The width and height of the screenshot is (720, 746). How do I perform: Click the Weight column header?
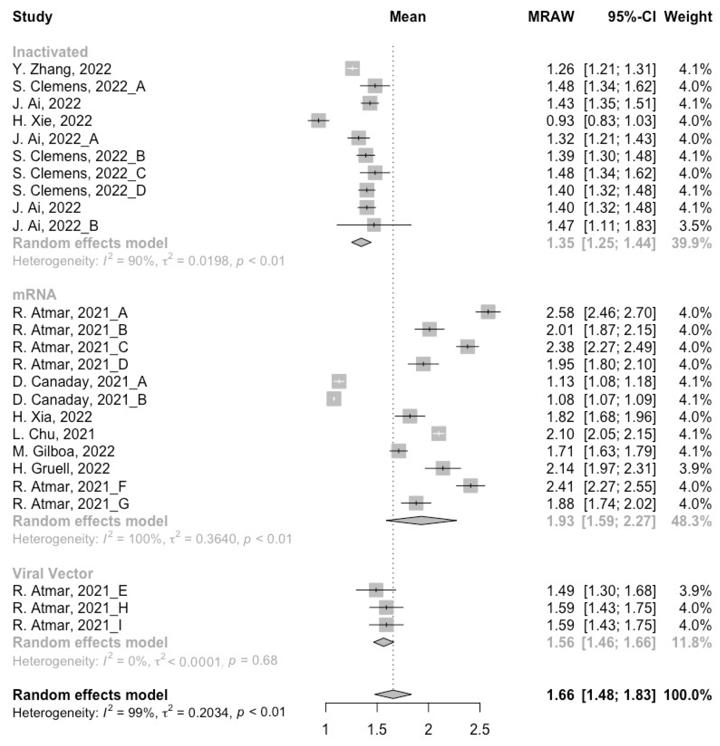point(688,17)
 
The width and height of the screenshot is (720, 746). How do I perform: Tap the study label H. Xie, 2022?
point(52,121)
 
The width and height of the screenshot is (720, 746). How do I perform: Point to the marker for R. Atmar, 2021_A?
point(488,312)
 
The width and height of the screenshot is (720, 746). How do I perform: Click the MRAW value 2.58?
point(560,313)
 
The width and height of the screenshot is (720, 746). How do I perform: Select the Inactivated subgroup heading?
point(50,52)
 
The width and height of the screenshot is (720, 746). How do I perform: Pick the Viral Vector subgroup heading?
point(53,573)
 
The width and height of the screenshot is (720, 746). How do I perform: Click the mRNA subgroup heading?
point(35,295)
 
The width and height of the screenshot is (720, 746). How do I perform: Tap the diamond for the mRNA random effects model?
point(421,520)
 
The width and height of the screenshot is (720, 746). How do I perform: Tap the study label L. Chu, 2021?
point(54,434)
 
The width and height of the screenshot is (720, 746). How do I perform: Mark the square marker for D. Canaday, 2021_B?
point(334,399)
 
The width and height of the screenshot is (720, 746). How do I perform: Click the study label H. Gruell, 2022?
point(61,469)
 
